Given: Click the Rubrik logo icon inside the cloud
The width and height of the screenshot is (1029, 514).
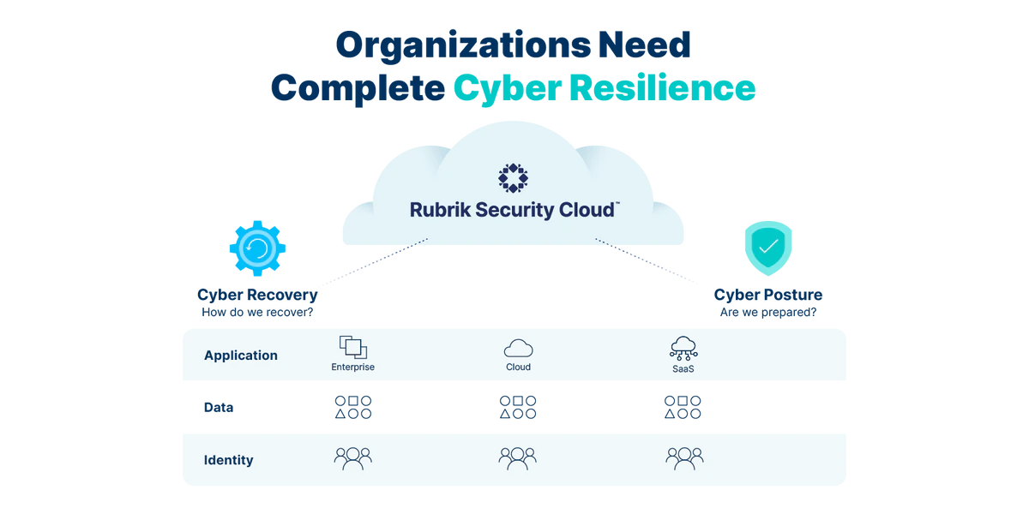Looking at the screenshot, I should (x=514, y=176).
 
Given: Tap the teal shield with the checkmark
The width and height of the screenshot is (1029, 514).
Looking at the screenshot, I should (x=767, y=248).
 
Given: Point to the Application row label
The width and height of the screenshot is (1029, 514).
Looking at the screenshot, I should (x=240, y=355).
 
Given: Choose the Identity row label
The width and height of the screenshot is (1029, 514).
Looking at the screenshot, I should (x=228, y=460).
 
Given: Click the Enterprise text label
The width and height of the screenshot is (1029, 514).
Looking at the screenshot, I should (x=352, y=368).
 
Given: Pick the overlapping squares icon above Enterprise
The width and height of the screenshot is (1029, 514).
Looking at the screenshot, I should (x=353, y=346).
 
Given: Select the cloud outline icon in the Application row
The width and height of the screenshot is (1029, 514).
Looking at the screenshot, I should (x=518, y=347).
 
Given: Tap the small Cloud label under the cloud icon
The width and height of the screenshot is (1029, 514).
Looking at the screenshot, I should (x=518, y=368).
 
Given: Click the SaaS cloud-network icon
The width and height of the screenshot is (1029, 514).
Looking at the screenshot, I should (x=683, y=347).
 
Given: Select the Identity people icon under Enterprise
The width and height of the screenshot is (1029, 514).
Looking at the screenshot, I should (x=352, y=457).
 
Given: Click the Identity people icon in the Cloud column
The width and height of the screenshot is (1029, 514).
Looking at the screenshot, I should (x=517, y=457).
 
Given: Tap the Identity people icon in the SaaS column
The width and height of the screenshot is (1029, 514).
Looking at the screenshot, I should (x=683, y=457).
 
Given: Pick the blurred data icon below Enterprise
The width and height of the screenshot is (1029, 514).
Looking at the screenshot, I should (x=352, y=408).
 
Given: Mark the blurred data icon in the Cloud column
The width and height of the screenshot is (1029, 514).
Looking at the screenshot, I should (x=517, y=408).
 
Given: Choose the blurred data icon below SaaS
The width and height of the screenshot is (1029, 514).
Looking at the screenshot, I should (x=683, y=408).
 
